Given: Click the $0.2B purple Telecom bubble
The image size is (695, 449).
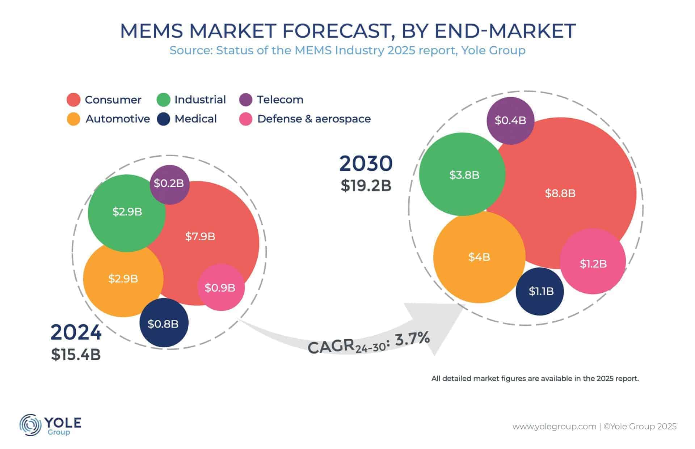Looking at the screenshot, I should [169, 184].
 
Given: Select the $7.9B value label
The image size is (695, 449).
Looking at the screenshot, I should [200, 237].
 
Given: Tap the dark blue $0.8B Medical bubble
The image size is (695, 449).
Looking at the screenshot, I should [164, 323].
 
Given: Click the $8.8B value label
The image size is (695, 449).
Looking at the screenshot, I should [560, 193].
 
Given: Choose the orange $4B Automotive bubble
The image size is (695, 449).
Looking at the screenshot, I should [479, 257].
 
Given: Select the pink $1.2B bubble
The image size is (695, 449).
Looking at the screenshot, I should [593, 263].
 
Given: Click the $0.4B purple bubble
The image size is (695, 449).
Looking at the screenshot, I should [510, 120].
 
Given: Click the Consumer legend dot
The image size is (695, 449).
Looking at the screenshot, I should [73, 100].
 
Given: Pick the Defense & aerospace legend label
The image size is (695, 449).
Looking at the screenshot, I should [314, 119].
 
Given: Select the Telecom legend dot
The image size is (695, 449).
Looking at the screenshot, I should [246, 100].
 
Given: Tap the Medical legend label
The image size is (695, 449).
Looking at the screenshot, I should [195, 119].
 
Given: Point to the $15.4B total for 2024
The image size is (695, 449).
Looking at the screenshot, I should [76, 355].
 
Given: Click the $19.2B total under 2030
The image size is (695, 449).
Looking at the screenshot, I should [366, 186].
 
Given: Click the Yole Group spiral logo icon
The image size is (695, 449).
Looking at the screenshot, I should [30, 425].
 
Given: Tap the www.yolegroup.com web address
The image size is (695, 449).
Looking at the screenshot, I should [554, 427].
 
